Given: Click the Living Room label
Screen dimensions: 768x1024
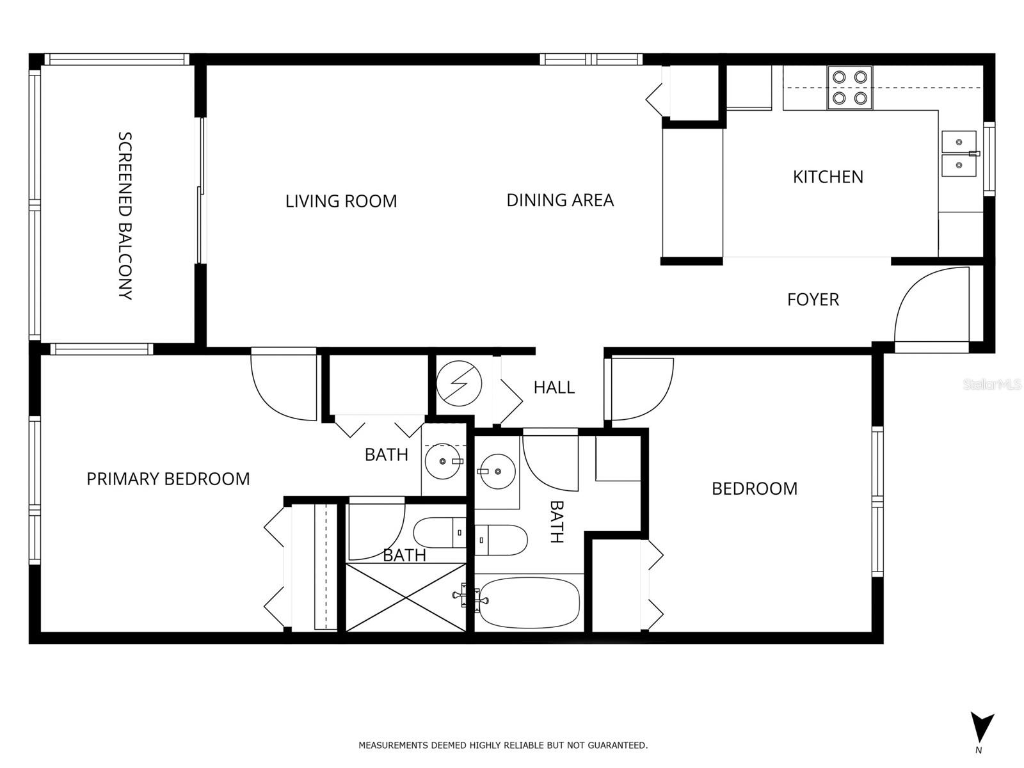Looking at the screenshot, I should coord(341,201).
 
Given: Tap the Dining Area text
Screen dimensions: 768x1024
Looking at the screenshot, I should coord(560,200).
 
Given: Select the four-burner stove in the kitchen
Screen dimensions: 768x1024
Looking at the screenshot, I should coord(849,88).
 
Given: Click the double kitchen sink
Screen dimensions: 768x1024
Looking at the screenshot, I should coord(959,154).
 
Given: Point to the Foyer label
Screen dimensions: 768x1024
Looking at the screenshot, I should coord(813,300).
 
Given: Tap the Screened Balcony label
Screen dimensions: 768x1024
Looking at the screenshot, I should coord(125,216).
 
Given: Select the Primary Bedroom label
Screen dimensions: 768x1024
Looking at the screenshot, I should coord(168,479).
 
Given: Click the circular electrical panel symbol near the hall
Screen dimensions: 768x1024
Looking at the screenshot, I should coord(459,384).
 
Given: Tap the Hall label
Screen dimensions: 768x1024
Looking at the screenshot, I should coord(554,387).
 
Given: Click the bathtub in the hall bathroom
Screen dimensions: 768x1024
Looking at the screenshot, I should coord(529,603).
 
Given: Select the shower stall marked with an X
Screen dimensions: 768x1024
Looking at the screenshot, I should coord(406,597).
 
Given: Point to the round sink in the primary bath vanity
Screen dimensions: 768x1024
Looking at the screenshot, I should coord(444,461).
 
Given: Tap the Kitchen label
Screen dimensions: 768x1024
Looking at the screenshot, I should coord(828,177).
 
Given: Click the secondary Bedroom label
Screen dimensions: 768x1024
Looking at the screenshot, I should coord(755,489).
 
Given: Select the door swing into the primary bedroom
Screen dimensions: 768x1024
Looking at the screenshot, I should coord(282,387).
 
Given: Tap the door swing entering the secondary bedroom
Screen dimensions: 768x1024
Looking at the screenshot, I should coord(640,387).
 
